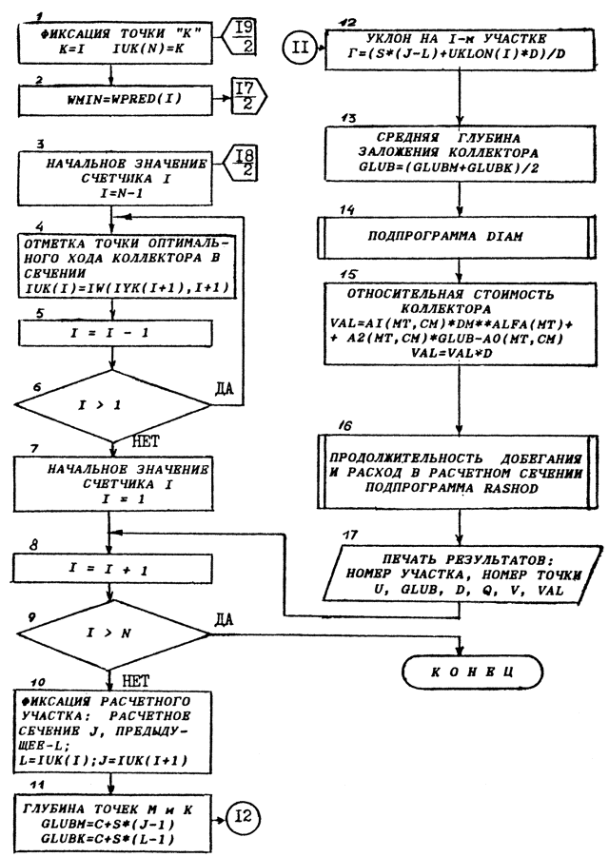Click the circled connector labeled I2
(244, 816)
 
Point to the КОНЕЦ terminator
(462, 670)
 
